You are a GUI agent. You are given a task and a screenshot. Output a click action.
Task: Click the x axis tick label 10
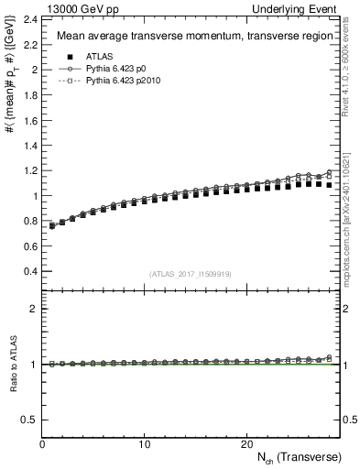[144, 443]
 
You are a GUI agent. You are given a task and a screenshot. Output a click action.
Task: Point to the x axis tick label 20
[245, 443]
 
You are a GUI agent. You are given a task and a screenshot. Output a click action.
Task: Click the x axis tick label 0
[42, 443]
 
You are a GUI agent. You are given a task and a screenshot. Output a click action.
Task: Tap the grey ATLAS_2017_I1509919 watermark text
[190, 274]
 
